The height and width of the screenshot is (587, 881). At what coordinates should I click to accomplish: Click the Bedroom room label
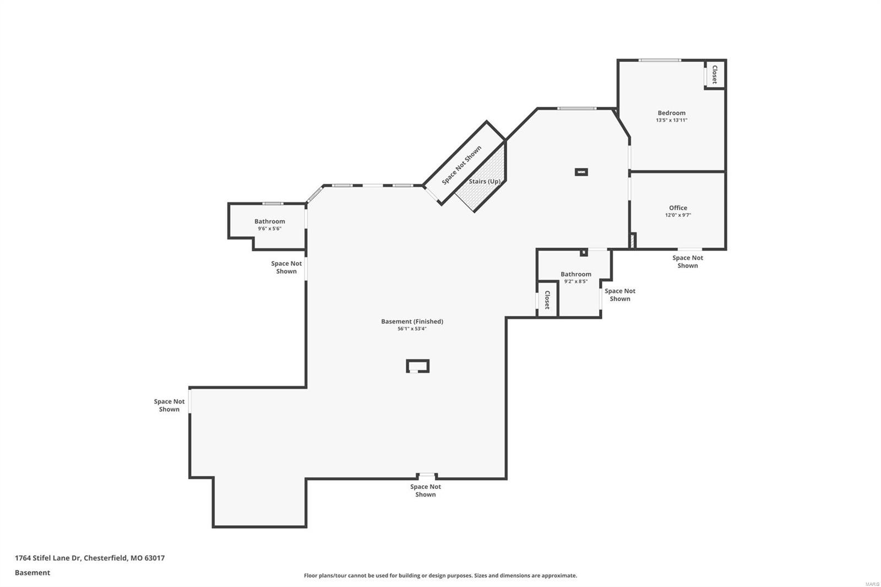pos(671,113)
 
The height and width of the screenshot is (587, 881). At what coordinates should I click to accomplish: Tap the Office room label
pos(678,208)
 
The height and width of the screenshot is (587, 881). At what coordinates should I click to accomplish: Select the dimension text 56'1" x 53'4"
pos(412,329)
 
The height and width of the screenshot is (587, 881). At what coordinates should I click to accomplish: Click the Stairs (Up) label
pos(485,181)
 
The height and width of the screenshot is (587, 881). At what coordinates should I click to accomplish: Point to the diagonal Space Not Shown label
pos(461,165)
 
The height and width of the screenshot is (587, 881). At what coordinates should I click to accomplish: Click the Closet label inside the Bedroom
pos(715,74)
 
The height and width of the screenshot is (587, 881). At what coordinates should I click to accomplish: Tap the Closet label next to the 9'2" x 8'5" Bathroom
pos(547,300)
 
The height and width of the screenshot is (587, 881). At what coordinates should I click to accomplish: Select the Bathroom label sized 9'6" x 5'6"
pos(269,221)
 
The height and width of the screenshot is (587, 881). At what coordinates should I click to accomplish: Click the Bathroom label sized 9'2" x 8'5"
pos(575,274)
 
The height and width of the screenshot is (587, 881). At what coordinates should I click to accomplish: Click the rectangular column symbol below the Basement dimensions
pos(417,366)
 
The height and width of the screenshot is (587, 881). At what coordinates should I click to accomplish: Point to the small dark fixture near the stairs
pos(581,172)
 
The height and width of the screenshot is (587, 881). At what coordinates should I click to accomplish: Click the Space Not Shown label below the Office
pos(687,262)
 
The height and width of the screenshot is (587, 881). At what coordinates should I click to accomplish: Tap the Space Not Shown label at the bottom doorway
pos(425,491)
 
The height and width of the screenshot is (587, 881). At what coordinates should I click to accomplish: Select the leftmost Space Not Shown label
pos(169,405)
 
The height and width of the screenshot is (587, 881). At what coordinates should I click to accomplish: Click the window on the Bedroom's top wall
pos(660,60)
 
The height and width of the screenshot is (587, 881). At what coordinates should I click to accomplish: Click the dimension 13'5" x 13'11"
pos(671,120)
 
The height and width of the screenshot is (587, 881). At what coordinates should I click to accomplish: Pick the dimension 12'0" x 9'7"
pos(678,215)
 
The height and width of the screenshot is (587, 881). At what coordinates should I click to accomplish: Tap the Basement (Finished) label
pos(412,321)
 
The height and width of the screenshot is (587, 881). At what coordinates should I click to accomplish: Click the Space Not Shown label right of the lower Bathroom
pos(619,295)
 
